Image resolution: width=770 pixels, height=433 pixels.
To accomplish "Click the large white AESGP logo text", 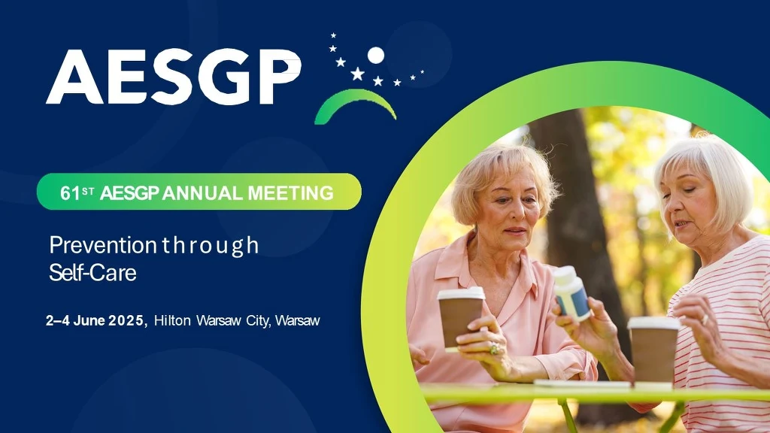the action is point(174,77).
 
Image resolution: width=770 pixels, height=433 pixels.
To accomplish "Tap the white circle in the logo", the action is point(376,56).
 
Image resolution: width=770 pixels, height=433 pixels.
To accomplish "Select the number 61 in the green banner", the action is point(70,193).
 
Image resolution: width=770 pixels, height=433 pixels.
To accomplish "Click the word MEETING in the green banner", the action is point(291,193).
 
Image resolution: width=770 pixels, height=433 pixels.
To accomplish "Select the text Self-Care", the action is point(92,273).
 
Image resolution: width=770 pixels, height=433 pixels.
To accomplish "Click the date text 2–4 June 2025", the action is point(95,320).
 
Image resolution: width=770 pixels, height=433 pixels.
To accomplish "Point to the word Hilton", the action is point(172,320).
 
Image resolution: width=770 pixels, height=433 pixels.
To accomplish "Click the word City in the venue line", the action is point(258,321).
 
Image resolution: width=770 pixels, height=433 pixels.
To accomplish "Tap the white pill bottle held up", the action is point(572,293).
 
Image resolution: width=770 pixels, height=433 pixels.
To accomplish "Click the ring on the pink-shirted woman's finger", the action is point(493,349).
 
